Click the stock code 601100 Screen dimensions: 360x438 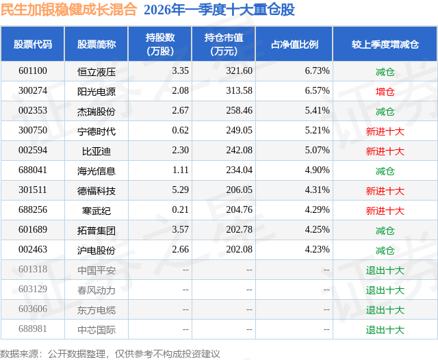pos(33,71)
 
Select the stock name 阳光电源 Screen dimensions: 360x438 pos(96,91)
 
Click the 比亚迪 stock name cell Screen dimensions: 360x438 pos(96,151)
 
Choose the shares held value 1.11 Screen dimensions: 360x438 pos(181,171)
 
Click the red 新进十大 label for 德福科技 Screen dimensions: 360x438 pos(385,191)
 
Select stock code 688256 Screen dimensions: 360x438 pos(33,211)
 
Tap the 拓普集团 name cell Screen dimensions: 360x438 pos(96,231)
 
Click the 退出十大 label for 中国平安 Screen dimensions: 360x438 pos(385,270)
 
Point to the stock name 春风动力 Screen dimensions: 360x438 pos(96,290)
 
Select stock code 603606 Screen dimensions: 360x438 pos(33,310)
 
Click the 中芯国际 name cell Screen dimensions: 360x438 pos(96,330)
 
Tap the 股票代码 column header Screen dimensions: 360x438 pos(33,44)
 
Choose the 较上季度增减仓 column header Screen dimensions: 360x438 pos(385,44)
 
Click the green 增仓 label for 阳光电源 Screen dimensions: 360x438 pos(385,91)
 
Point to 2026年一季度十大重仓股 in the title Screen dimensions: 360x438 pos(219,10)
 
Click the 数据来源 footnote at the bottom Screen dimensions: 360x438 pos(109,353)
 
